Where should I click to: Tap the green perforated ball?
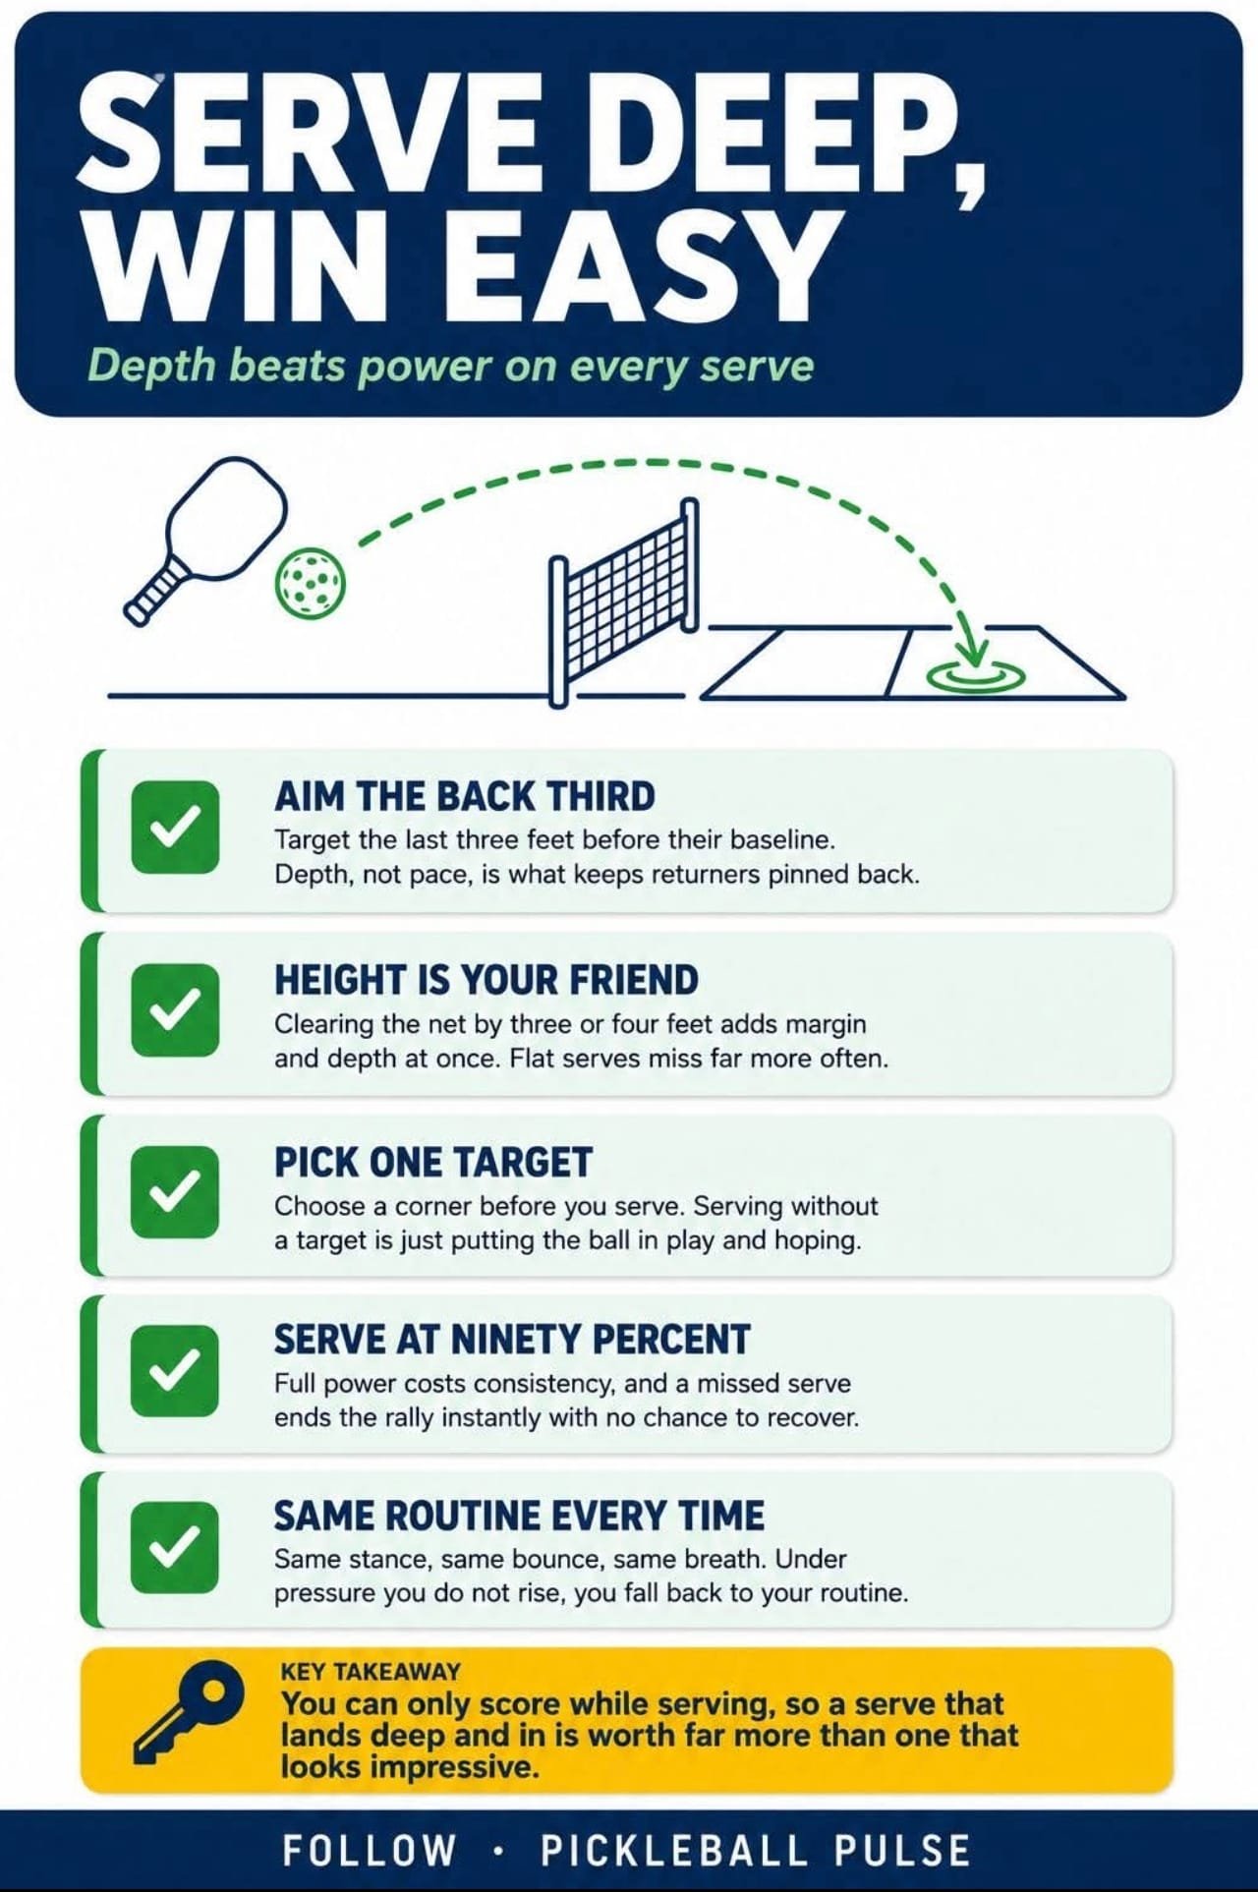point(310,583)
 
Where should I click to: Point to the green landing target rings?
point(976,675)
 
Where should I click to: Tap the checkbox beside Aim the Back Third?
point(175,827)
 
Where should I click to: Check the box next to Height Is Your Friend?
point(175,1009)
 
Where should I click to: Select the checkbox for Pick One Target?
point(175,1191)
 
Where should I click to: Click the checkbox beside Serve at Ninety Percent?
point(175,1370)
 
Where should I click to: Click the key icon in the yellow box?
point(189,1712)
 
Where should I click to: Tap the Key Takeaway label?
point(371,1671)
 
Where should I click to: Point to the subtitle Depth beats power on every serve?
point(450,366)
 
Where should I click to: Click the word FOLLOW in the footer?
point(370,1851)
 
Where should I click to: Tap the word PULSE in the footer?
point(902,1851)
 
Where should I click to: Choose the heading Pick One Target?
point(433,1163)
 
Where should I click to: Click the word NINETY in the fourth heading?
point(515,1340)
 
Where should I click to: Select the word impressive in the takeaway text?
point(459,1768)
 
